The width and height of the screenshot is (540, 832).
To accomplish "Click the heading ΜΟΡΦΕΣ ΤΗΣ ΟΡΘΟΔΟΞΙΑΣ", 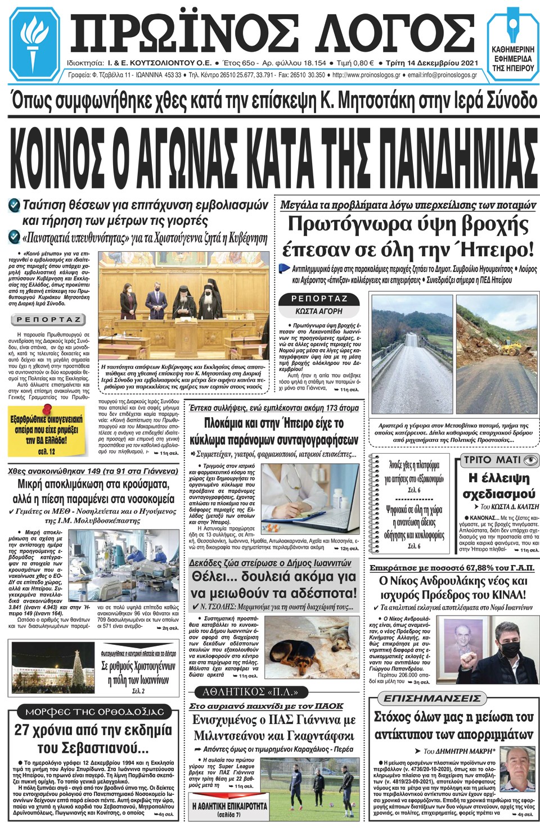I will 94,712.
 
